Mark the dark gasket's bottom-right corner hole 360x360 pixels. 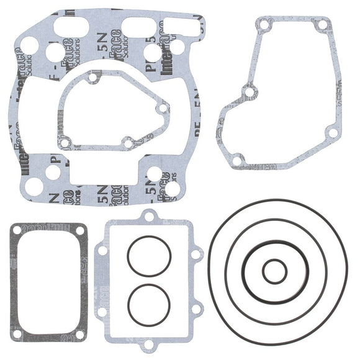click(80, 334)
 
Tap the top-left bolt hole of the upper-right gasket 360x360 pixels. click(264, 25)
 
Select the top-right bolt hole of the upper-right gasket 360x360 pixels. click(322, 26)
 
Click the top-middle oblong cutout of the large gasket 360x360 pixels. click(138, 26)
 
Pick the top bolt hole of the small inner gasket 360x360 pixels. click(92, 79)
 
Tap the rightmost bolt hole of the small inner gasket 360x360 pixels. click(163, 108)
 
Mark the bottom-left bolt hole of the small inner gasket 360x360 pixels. click(64, 144)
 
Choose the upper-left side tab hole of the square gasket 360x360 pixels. click(103, 251)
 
